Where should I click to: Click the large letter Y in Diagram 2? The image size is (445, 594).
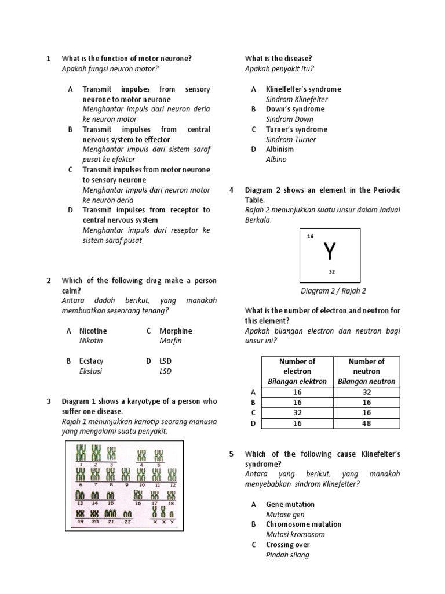tap(329, 251)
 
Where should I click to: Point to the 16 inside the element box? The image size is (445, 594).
tap(310, 237)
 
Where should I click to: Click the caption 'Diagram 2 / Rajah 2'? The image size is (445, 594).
tap(333, 291)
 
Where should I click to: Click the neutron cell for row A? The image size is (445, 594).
tap(366, 392)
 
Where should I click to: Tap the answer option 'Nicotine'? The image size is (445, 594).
tap(93, 331)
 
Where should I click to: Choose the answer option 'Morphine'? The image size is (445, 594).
tap(176, 331)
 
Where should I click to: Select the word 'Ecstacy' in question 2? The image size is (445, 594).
tap(91, 361)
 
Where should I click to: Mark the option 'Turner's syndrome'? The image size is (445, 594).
tap(296, 129)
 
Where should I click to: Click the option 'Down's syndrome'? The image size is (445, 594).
tap(295, 109)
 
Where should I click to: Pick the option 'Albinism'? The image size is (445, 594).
tap(280, 149)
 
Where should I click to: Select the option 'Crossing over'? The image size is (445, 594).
tap(287, 545)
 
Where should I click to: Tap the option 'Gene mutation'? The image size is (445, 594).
tap(290, 504)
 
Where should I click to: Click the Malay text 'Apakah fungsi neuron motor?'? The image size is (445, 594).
tap(110, 68)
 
